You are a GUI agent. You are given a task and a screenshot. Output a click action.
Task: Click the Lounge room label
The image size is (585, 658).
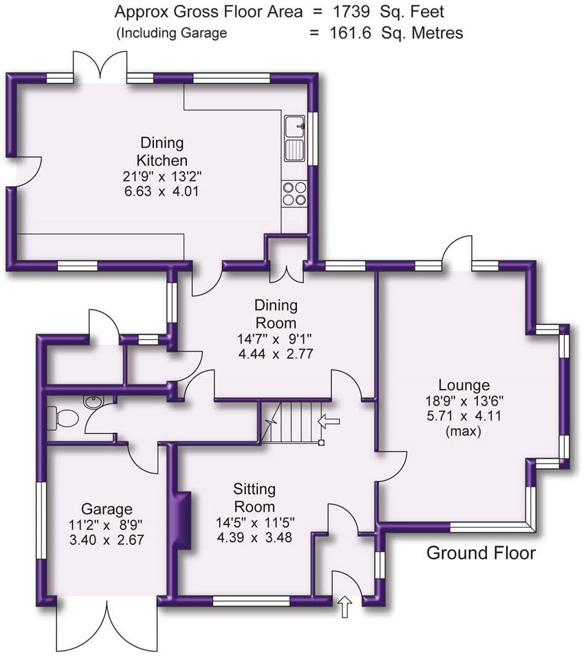(x=463, y=385)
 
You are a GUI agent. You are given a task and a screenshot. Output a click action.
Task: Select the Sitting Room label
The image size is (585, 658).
(x=254, y=498)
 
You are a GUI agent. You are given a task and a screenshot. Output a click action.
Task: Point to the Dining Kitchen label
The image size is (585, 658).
(x=161, y=152)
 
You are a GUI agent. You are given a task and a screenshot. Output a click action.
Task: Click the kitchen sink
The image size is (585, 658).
(x=295, y=138)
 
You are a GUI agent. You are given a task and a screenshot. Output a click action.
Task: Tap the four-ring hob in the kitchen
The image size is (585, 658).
(x=295, y=193)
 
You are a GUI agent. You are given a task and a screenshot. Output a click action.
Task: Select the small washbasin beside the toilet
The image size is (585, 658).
(x=94, y=402)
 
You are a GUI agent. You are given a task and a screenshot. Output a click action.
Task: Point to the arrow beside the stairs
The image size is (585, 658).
(x=329, y=421)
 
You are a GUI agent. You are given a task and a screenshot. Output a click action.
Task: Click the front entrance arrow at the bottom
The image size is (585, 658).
(x=345, y=608)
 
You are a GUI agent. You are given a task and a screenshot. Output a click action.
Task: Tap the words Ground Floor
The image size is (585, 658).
(x=481, y=553)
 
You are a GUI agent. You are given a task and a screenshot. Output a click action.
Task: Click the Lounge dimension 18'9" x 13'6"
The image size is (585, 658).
(x=463, y=402)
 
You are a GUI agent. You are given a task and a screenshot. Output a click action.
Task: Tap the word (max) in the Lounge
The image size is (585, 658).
(x=463, y=432)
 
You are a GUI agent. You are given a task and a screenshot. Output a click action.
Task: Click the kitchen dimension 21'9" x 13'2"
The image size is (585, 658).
(x=161, y=177)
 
